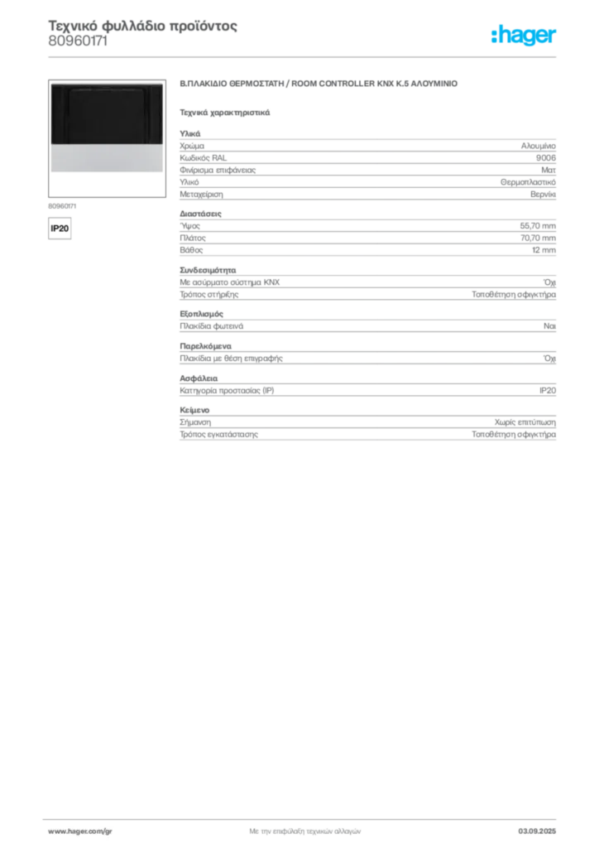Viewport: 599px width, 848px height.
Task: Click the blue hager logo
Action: point(524,36)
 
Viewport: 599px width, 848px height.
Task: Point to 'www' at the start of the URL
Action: point(55,830)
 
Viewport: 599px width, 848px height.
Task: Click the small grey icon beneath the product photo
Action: point(62,221)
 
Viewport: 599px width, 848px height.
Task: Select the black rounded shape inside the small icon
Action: point(60,225)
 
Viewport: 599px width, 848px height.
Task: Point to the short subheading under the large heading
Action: point(224,112)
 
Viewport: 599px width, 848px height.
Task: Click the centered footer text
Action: point(304,829)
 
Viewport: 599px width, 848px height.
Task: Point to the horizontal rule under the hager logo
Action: point(331,55)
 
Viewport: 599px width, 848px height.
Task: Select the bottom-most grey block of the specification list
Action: point(367,427)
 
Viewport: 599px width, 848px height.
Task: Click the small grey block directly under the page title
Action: point(79,48)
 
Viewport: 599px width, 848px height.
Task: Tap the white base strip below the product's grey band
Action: point(105,176)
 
